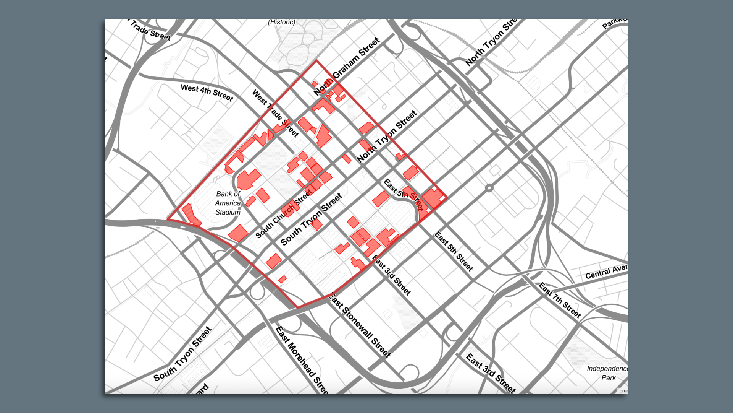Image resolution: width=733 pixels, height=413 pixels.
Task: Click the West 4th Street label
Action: point(207,93)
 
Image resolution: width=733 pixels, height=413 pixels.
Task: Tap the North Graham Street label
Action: point(347,66)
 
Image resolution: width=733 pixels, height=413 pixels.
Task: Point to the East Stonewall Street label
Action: point(359,325)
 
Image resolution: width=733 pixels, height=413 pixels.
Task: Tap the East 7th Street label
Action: point(560,300)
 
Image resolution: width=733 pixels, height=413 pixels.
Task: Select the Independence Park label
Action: point(607,373)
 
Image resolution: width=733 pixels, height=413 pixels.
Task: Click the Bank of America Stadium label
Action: point(228,203)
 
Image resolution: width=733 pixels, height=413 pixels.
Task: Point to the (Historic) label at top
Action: point(282,22)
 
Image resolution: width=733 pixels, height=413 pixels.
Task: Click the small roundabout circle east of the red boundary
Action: point(489,188)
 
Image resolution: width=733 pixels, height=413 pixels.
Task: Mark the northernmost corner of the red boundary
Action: point(316,60)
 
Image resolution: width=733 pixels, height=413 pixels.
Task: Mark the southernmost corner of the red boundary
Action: point(297,307)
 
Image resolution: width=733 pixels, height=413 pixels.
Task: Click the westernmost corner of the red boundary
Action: point(168,219)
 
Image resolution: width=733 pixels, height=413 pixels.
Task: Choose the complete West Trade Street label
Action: point(275,113)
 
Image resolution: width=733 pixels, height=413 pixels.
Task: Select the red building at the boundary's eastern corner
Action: point(433,198)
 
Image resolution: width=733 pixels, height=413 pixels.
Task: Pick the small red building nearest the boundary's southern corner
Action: point(283,280)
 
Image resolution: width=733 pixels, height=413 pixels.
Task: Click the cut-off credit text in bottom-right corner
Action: point(623,391)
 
